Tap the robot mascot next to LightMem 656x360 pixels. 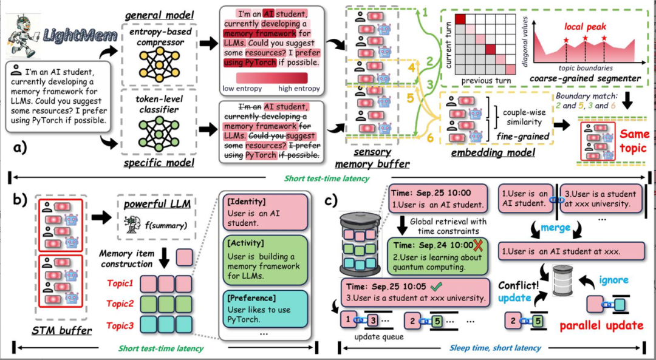(22, 30)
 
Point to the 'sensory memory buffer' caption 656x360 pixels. (372, 158)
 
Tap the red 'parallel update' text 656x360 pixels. (601, 325)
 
